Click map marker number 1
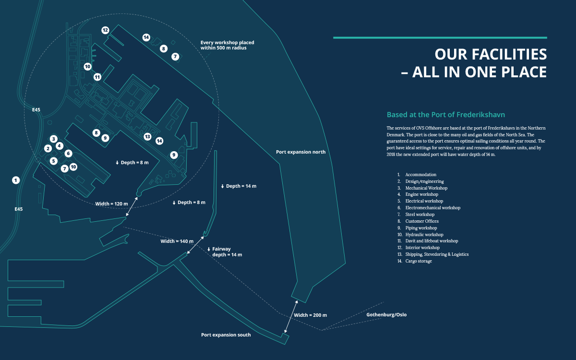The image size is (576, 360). [x=16, y=180]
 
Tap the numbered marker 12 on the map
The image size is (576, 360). [x=105, y=30]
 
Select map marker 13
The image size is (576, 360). [x=147, y=136]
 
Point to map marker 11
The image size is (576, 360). [x=97, y=77]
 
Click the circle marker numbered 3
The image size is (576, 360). [x=53, y=139]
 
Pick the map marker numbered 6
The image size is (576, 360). [x=68, y=154]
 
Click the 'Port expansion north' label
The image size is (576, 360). [x=300, y=152]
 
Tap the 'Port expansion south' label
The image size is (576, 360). [x=226, y=335]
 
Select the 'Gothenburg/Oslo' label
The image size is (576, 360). [x=386, y=315]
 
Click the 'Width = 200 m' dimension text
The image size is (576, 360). [x=311, y=315]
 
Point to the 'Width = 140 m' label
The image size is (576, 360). [x=177, y=241]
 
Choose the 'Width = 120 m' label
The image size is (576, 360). [x=111, y=204]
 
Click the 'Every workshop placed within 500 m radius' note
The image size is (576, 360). [x=228, y=45]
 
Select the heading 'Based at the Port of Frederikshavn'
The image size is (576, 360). [x=446, y=115]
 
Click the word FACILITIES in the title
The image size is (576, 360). [x=491, y=54]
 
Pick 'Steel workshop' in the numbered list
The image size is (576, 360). [x=420, y=215]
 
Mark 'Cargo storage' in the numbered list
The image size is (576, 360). [x=419, y=261]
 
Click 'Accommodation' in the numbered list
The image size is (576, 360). [x=420, y=175]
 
